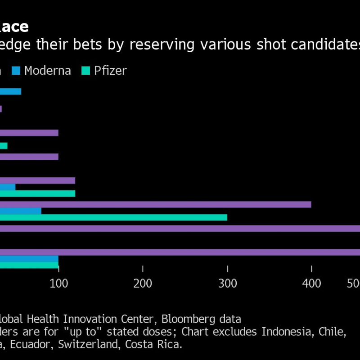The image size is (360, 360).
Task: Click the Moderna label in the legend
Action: pyautogui.click(x=48, y=71)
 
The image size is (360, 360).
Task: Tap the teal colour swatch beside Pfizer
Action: pyautogui.click(x=86, y=71)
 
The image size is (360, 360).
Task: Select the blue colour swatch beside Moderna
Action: pyautogui.click(x=16, y=71)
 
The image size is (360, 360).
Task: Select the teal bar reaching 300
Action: pyautogui.click(x=112, y=217)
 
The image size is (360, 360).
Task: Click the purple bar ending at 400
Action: pyautogui.click(x=155, y=204)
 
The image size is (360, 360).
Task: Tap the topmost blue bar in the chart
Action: pyautogui.click(x=10, y=92)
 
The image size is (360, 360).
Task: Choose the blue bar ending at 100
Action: pyautogui.click(x=29, y=259)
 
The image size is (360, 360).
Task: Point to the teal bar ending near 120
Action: pyautogui.click(x=37, y=193)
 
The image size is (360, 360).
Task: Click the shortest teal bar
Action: pyautogui.click(x=4, y=146)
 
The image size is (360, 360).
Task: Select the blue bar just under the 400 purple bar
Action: pyautogui.click(x=20, y=211)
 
